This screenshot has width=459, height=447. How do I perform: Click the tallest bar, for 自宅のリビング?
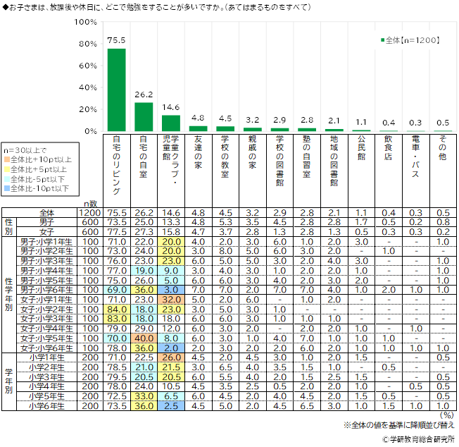tap(116, 90)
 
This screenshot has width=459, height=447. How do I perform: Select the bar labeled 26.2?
tap(144, 116)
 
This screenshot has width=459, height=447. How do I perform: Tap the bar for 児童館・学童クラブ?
tap(171, 123)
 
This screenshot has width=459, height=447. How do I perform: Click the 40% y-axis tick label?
tap(87, 87)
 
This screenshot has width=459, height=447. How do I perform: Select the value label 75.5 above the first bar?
tap(116, 41)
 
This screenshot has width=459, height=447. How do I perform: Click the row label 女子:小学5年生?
tap(49, 338)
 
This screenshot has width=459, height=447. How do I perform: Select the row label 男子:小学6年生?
tap(49, 290)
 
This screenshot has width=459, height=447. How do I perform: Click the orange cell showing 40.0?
tap(144, 338)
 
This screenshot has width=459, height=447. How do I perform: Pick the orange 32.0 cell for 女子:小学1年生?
tap(171, 298)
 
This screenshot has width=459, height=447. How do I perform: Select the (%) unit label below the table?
tap(446, 417)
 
